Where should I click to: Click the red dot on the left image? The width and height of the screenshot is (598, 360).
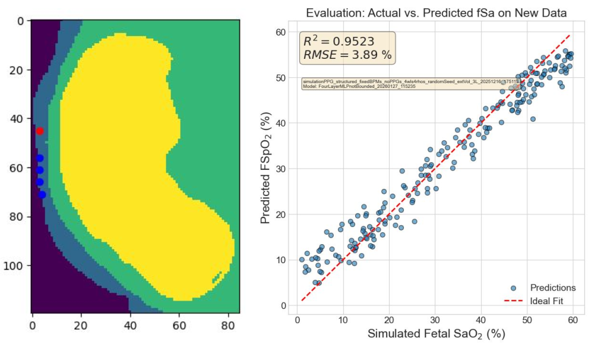(40, 131)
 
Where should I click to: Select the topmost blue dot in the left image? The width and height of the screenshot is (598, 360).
(40, 158)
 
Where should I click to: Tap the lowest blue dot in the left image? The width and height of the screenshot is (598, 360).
(42, 194)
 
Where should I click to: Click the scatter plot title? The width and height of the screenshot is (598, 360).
(436, 13)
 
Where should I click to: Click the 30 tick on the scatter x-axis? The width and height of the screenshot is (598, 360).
(435, 320)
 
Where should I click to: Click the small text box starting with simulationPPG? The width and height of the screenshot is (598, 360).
(410, 84)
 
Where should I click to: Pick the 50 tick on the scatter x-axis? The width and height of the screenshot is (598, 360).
(526, 320)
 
